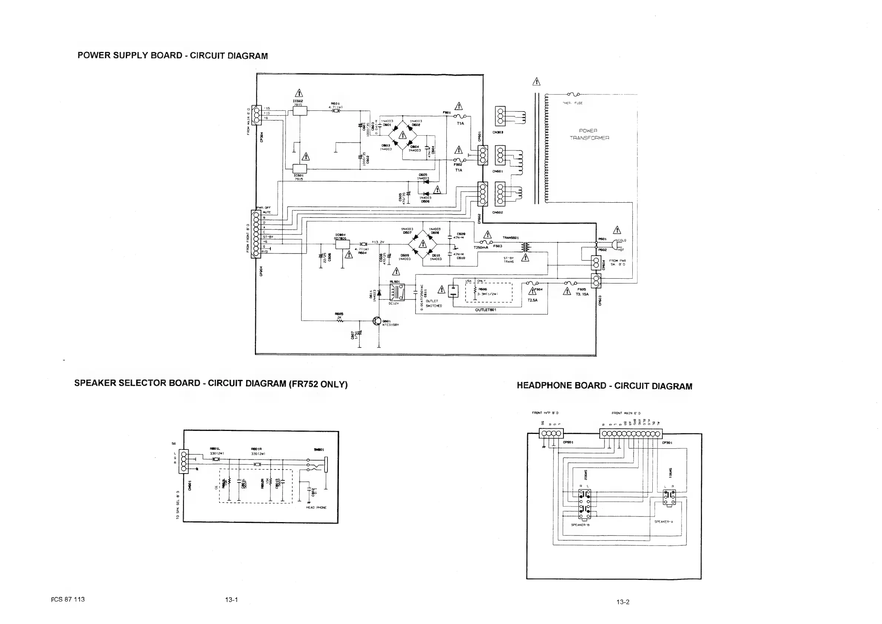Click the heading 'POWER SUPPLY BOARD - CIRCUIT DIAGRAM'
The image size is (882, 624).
173,55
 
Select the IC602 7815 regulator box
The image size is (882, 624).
300,111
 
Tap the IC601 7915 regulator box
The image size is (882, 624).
300,169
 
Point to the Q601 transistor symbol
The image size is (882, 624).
377,322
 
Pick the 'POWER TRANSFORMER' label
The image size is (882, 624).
589,134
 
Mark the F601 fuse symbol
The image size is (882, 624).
459,116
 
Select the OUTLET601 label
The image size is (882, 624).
486,310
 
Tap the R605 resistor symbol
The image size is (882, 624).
340,321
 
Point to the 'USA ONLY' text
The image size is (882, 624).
475,281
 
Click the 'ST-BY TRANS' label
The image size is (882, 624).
509,260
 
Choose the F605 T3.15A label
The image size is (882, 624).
582,292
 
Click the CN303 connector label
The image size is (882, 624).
498,132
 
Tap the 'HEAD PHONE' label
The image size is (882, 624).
316,507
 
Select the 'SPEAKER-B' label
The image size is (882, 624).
580,524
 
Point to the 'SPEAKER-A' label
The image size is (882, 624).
663,521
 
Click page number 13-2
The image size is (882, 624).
623,602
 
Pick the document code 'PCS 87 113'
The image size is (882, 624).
68,599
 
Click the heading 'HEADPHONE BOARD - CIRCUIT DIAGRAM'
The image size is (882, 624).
604,386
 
